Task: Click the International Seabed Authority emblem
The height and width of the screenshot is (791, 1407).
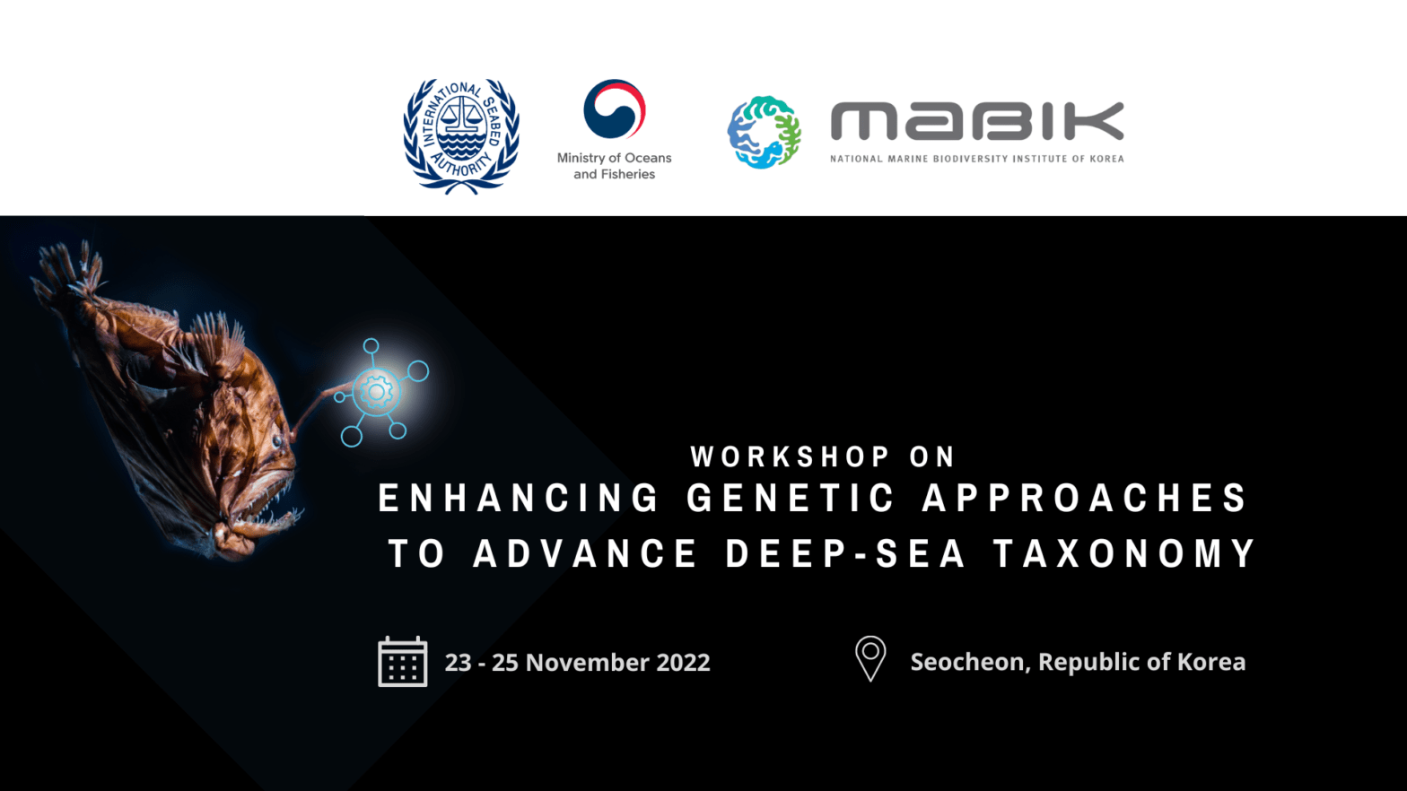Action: pos(461,135)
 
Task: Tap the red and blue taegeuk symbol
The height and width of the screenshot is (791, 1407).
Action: pos(615,109)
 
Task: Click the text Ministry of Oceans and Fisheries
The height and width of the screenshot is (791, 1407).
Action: pos(615,166)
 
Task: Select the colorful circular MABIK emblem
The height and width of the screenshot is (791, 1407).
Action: pos(764,133)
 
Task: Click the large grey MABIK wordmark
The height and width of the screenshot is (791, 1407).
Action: pos(976,121)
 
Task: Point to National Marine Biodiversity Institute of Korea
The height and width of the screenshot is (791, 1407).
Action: pos(976,159)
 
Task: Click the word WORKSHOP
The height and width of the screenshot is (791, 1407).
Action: pos(791,456)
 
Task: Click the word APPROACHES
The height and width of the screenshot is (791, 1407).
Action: pos(1085,499)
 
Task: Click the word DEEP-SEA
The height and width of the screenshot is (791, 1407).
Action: pos(845,553)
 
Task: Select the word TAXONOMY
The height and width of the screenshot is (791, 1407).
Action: pos(1125,553)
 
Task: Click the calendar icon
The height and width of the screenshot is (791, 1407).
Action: pos(402,662)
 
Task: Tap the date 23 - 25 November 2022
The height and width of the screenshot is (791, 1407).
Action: pos(577,663)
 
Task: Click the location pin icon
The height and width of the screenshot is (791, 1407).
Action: pos(870,658)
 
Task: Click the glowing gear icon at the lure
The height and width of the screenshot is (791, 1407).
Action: pos(376,391)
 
